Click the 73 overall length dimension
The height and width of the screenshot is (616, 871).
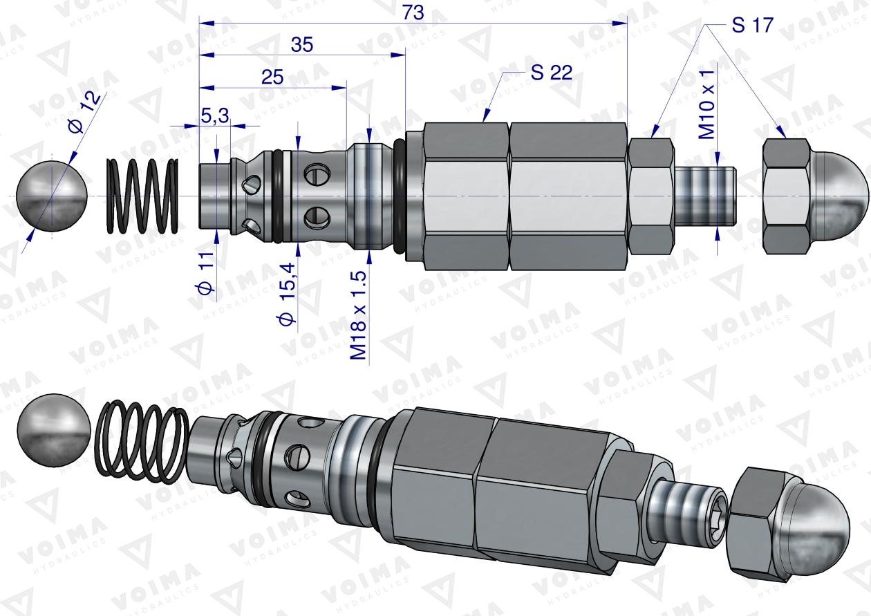413,12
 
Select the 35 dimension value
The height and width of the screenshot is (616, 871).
302,45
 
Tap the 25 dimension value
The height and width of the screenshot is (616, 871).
272,77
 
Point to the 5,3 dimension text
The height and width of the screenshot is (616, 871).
216,115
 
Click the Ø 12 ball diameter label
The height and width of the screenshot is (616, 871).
84,113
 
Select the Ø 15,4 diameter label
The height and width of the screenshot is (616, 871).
288,295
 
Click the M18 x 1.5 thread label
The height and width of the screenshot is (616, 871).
358,315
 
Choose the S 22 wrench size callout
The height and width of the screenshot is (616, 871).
552,73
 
